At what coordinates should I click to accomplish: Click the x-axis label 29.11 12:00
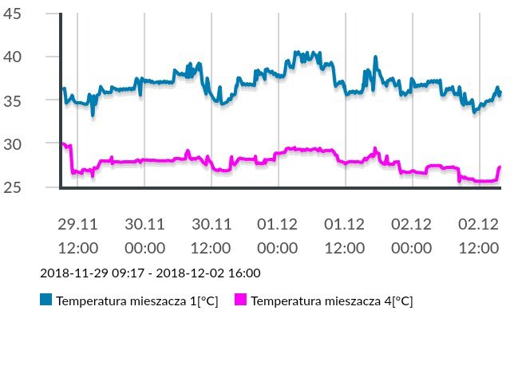pos(77,236)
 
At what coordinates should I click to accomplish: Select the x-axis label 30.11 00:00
pos(144,236)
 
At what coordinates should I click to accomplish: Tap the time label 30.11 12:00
pos(212,236)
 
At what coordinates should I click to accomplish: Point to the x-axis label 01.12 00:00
pos(279,236)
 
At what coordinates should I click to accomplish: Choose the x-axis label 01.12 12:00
pos(346,236)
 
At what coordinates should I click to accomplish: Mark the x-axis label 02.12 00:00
pos(413,236)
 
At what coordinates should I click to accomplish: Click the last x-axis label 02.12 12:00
pos(480,236)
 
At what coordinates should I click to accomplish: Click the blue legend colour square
pos(45,300)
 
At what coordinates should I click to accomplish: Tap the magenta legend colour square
pos(240,300)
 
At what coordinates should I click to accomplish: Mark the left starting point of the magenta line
pos(62,143)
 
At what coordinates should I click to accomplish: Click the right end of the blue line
pos(500,93)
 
